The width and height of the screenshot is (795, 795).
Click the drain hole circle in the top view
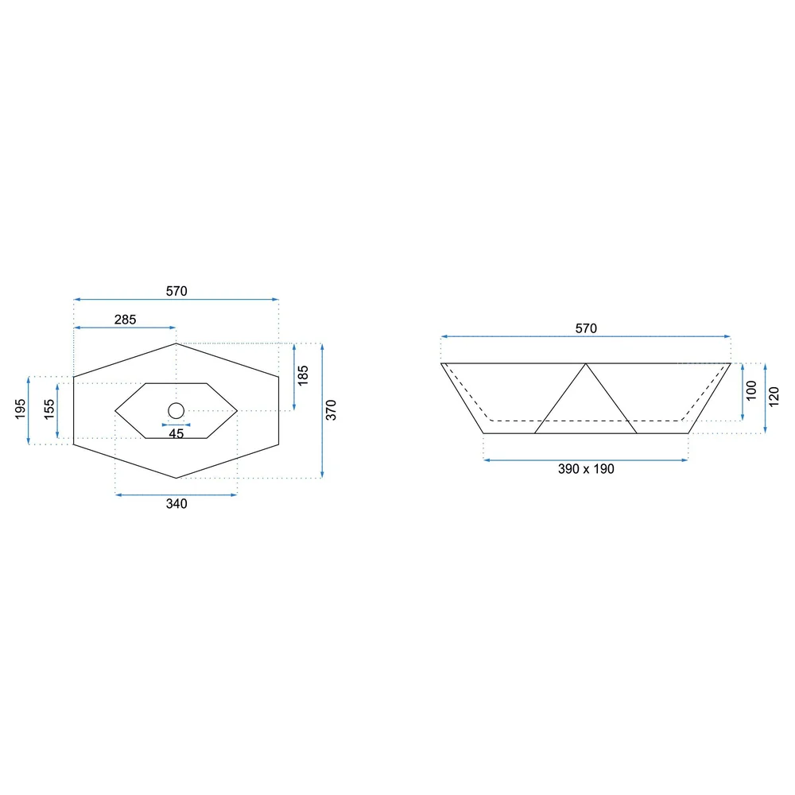176,403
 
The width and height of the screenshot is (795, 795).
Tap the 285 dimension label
126,320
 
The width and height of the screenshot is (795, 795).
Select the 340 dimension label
176,503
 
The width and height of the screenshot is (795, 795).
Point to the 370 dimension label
331,409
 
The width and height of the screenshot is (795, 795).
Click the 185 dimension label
303,376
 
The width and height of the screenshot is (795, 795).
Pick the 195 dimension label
20,409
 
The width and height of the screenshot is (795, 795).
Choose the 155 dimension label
48,409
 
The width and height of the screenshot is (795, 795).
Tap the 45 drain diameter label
176,434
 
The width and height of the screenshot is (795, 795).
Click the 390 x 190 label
586,469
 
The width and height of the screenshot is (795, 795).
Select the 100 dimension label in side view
751,390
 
